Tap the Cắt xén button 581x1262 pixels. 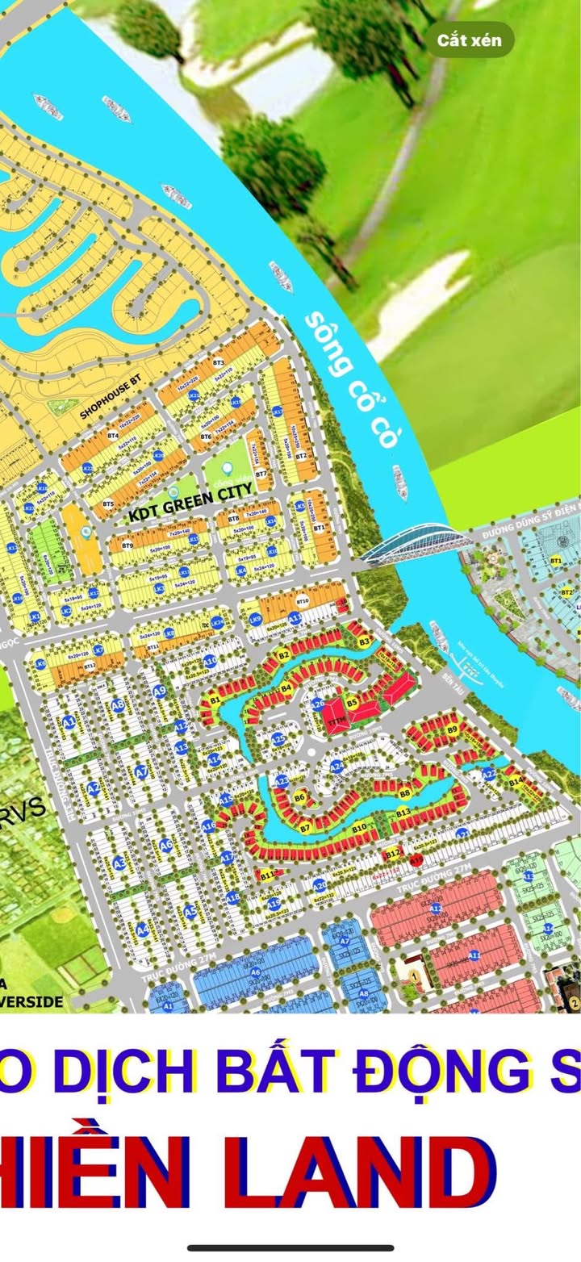point(470,39)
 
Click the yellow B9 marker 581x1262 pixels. point(452,730)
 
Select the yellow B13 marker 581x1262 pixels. point(403,811)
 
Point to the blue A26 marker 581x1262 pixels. point(318,704)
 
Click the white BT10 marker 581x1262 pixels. point(303,601)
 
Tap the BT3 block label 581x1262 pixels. point(218,364)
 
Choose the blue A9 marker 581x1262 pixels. point(159,692)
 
